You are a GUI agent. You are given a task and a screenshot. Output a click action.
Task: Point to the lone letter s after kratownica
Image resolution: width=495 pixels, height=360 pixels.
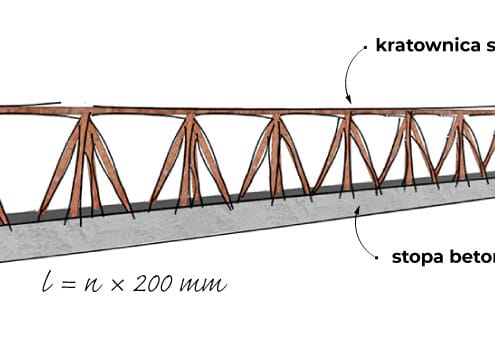(x=489, y=45)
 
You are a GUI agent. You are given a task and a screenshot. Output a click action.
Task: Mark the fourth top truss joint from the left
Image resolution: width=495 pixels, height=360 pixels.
(x=347, y=118)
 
